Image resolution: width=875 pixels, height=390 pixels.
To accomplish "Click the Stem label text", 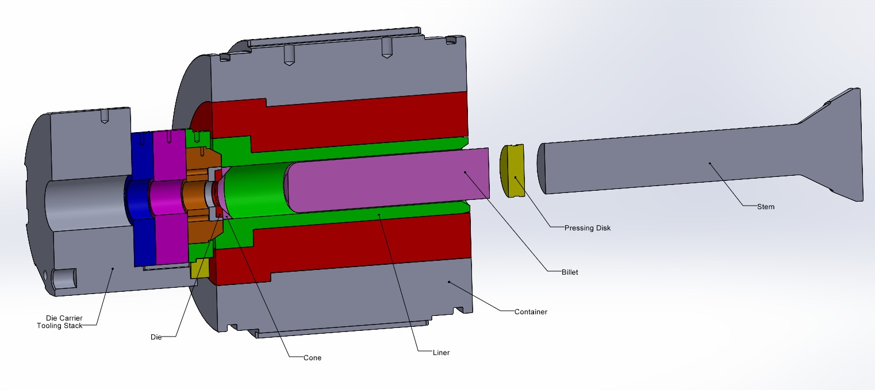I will [x=766, y=207].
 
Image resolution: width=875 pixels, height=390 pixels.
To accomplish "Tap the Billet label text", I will [x=570, y=272].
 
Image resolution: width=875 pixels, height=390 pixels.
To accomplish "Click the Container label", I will [x=531, y=312].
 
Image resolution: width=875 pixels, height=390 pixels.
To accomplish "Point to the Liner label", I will [x=441, y=352].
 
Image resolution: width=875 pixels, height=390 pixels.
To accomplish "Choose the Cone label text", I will [x=313, y=357].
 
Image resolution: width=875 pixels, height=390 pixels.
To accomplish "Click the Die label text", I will [x=156, y=337].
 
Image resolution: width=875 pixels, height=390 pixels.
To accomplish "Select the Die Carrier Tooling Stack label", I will [x=64, y=322].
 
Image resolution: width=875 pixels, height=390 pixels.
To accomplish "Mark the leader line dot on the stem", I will [x=710, y=163].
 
